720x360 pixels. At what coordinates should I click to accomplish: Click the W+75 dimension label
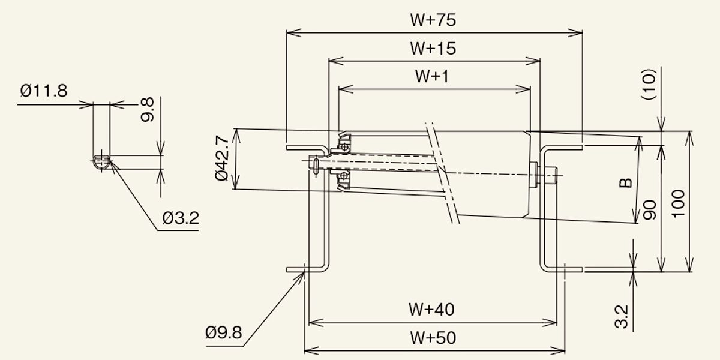click(x=433, y=20)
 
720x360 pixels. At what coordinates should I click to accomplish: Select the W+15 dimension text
click(x=433, y=48)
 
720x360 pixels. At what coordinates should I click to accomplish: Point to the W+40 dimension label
click(x=432, y=310)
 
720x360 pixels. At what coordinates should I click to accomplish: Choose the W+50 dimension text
click(x=433, y=338)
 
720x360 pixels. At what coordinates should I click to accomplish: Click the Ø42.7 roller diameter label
click(x=221, y=159)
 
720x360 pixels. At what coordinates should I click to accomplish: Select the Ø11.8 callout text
click(x=43, y=91)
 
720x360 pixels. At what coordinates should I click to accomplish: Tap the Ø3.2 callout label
click(x=181, y=218)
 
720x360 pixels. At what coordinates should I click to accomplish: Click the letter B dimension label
click(x=626, y=182)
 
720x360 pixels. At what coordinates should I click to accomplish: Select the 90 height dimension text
click(x=649, y=210)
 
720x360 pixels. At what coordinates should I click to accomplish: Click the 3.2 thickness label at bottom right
click(x=622, y=316)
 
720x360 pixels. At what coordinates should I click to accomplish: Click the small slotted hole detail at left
click(x=102, y=160)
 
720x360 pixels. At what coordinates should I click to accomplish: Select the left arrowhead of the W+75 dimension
click(x=290, y=33)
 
